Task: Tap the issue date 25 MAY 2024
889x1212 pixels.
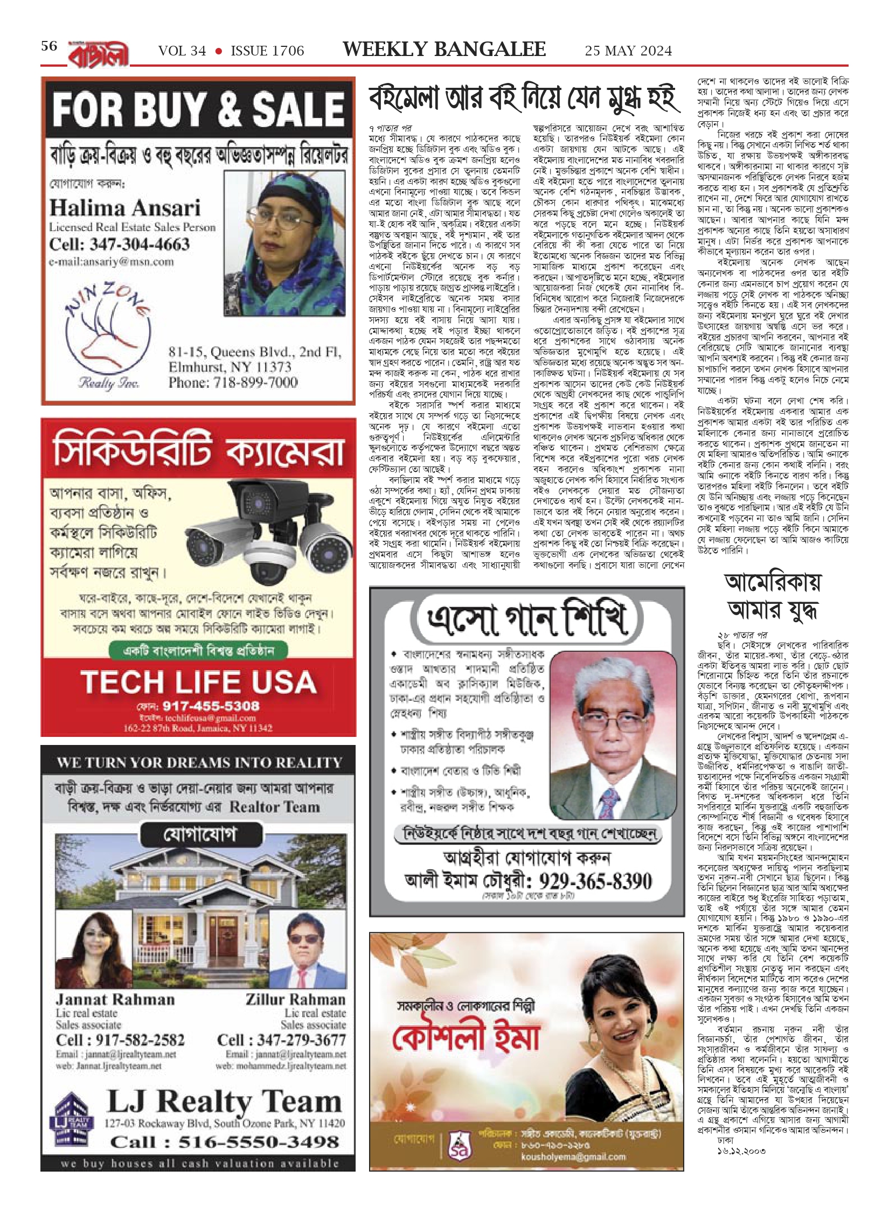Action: tap(628, 51)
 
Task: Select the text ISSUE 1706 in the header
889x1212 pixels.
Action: tap(267, 51)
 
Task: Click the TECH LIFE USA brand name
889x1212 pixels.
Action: tap(199, 682)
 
